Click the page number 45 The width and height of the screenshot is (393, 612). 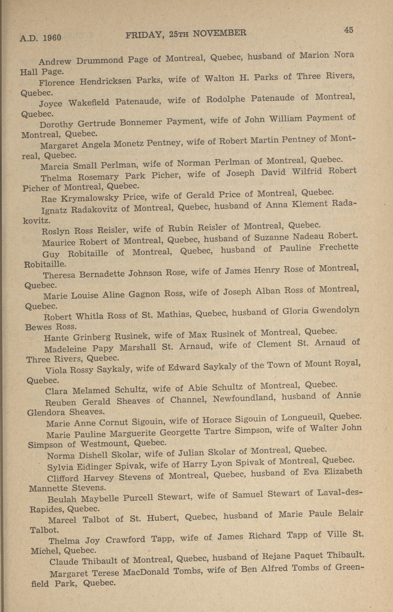point(348,30)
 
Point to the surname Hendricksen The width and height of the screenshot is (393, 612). point(105,81)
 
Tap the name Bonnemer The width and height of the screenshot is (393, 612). point(141,122)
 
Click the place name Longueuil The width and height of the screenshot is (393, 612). point(303,418)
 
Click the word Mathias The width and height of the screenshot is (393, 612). point(174,314)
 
